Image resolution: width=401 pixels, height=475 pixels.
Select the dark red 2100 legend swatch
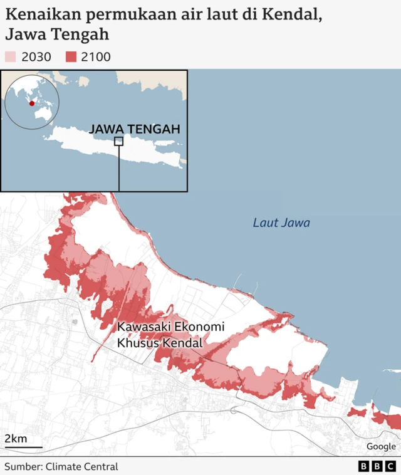[71, 57]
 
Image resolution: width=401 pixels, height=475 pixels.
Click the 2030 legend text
[36, 57]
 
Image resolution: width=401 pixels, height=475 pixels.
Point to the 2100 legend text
[96, 57]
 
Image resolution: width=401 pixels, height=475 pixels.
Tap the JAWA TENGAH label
[135, 129]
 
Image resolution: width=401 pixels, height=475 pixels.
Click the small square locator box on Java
[118, 141]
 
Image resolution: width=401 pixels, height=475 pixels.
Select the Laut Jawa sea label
[281, 222]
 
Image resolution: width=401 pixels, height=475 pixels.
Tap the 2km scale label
[16, 438]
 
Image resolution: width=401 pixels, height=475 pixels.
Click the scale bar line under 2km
[23, 447]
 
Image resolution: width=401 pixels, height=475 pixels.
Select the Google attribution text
[381, 446]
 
